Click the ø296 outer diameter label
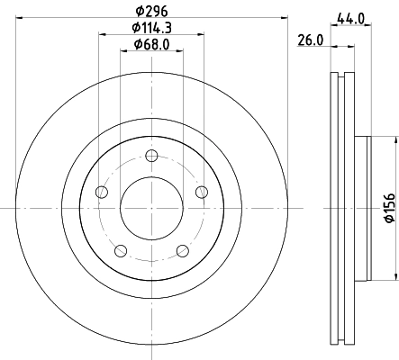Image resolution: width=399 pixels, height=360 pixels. pyautogui.click(x=151, y=12)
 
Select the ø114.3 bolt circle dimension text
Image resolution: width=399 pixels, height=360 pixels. pyautogui.click(x=151, y=28)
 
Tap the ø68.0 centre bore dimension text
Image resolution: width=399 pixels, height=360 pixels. pyautogui.click(x=151, y=44)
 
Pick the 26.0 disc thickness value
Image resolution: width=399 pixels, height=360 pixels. pyautogui.click(x=311, y=41)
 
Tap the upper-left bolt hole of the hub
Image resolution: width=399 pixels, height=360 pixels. pyautogui.click(x=102, y=193)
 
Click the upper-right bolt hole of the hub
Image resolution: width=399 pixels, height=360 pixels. pyautogui.click(x=201, y=191)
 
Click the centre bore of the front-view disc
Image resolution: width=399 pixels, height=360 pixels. pyautogui.click(x=151, y=208)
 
